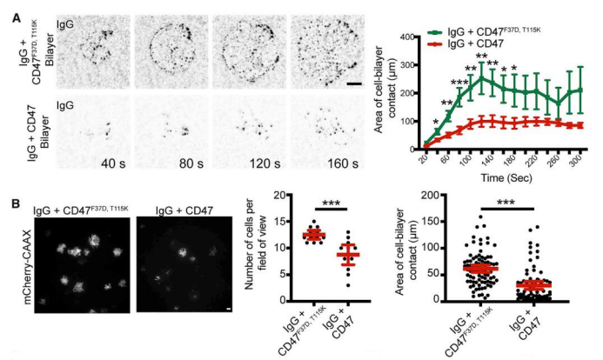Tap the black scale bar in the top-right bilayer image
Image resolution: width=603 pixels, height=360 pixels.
[x=355, y=84]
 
